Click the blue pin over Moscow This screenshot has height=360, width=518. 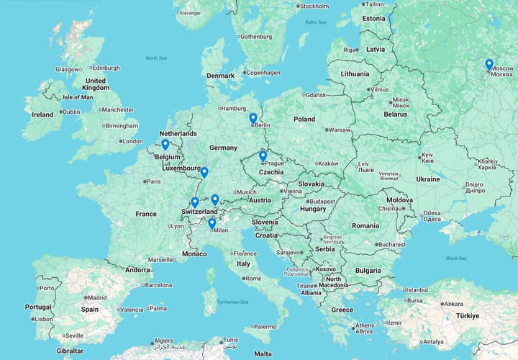tap(489, 65)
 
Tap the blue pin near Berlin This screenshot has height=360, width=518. tap(253, 119)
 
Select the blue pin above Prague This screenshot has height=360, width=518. tap(263, 156)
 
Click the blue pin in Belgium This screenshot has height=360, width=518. tap(165, 145)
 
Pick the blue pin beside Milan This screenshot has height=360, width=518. tap(212, 224)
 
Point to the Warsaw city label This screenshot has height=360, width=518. tap(339, 130)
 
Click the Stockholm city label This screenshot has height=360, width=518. tap(314, 6)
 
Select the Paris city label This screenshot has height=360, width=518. tap(154, 181)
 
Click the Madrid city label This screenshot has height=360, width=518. tap(96, 297)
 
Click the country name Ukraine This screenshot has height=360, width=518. tap(427, 179)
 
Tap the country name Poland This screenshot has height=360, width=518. tap(304, 119)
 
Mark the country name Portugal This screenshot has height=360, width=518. tap(37, 307)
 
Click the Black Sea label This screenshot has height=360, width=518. tap(456, 258)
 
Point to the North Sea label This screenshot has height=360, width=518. tap(156, 58)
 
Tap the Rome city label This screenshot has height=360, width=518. tap(253, 279)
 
